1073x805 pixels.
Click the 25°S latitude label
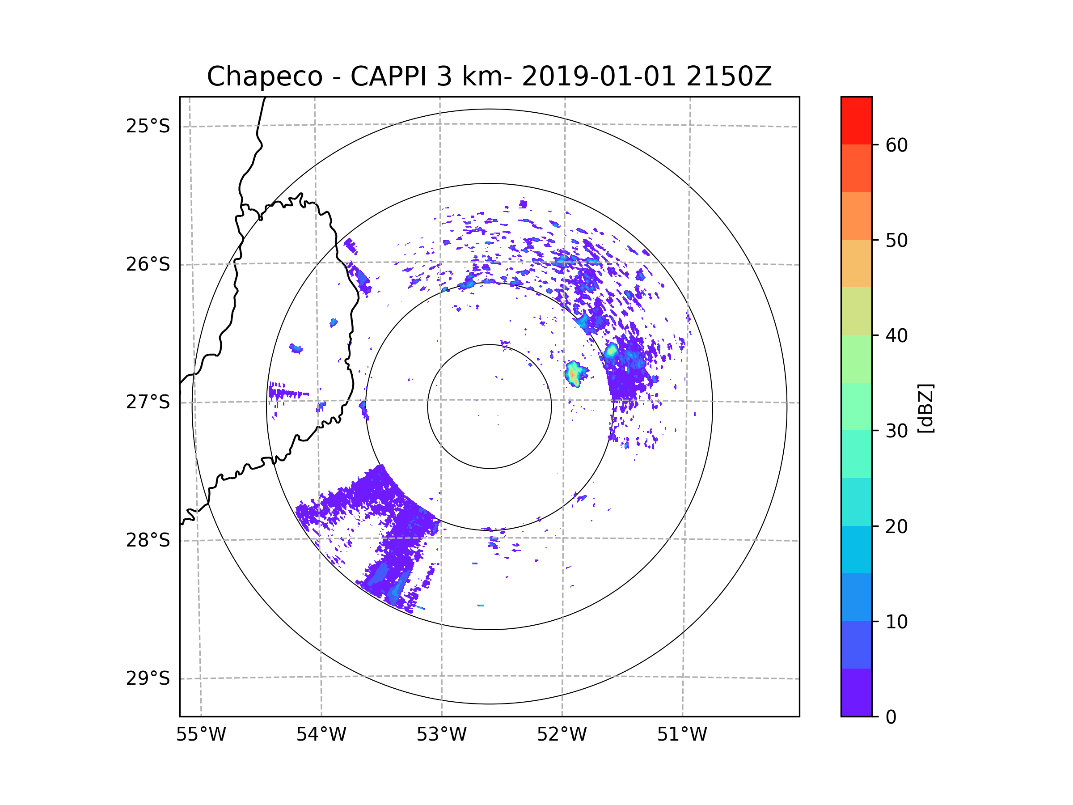coord(148,126)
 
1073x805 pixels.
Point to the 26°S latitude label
coord(148,264)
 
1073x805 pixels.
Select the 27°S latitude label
coord(148,402)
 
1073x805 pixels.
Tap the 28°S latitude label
coord(148,540)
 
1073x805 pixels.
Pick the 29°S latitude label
coord(148,678)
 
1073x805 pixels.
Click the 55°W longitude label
coord(201,735)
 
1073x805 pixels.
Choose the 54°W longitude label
coord(321,735)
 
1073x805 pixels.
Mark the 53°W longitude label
coord(441,735)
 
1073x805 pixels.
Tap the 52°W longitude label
coord(562,735)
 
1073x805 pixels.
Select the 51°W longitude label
coord(682,735)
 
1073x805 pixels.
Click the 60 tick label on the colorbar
coord(896,145)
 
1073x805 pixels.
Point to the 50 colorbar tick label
coord(896,240)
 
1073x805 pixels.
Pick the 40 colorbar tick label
coord(896,336)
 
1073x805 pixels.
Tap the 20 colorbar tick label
coord(896,526)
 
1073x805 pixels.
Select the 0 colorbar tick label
coord(891,717)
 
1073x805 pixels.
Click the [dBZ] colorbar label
coord(925,408)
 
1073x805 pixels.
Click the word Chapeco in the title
coord(264,76)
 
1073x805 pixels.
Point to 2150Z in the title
coord(729,76)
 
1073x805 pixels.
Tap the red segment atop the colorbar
coord(856,120)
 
